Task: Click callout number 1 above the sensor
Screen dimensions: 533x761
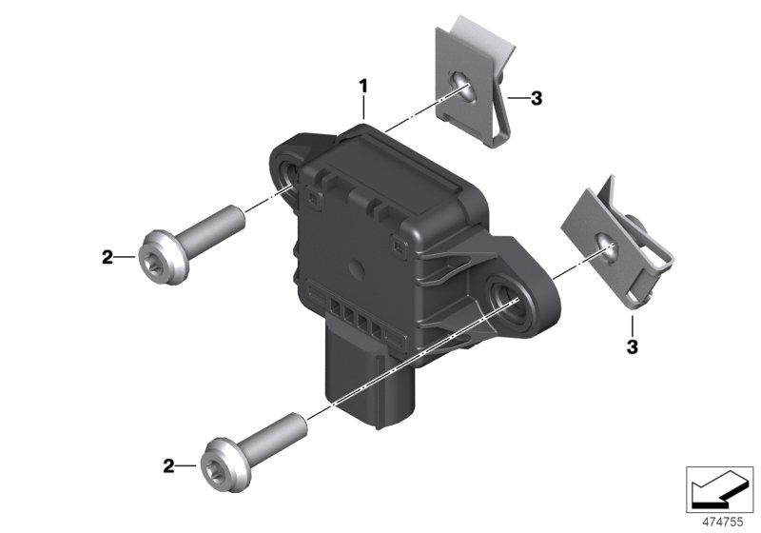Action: click(362, 87)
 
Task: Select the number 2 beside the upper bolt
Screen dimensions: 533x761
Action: click(107, 256)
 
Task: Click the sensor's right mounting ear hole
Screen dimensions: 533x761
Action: click(503, 298)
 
